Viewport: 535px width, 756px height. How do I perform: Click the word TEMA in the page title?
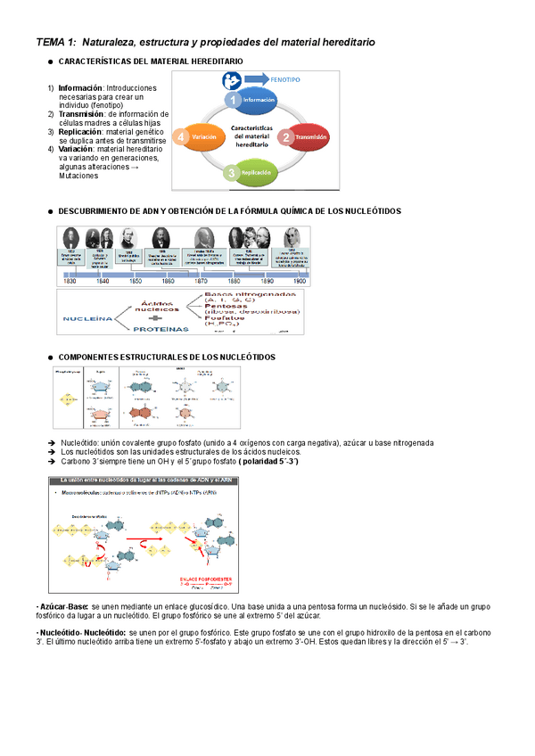(51, 42)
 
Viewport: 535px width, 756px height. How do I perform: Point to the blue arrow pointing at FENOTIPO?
(258, 79)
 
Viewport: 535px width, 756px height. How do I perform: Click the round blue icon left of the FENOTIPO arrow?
(230, 80)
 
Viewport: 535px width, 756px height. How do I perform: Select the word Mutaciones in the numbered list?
(79, 177)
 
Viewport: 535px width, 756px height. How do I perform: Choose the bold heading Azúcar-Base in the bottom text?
(63, 606)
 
